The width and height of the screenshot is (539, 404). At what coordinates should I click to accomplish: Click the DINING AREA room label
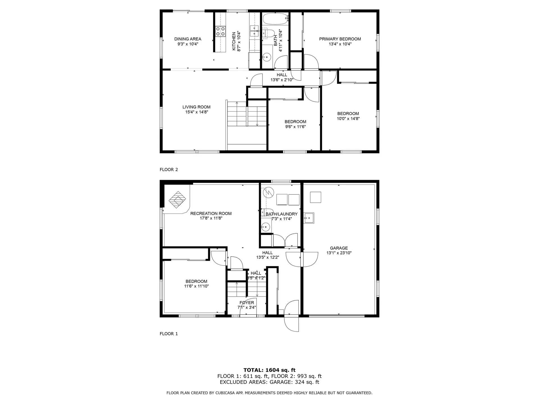188,39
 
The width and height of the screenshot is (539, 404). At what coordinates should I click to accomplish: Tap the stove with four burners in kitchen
220,31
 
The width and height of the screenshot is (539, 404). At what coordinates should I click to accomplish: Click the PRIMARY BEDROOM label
340,39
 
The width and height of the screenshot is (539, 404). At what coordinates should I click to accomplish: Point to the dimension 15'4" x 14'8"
197,112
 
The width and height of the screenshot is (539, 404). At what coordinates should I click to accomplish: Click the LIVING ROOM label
196,107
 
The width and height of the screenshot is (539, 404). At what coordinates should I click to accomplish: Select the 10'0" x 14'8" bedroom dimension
348,119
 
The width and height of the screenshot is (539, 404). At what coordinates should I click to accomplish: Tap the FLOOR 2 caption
169,169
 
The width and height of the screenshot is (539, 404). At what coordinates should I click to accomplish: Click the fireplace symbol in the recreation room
177,200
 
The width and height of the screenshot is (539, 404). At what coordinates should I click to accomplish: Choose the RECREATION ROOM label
211,214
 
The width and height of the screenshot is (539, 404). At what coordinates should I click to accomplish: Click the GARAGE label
339,248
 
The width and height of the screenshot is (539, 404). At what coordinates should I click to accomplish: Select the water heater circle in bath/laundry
268,192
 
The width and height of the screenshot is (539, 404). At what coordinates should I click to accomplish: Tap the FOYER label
247,302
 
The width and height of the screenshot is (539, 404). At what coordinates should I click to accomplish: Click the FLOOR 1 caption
169,334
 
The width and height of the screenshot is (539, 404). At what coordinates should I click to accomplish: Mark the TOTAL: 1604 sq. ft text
269,370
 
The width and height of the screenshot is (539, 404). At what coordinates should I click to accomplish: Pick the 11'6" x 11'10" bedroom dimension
196,286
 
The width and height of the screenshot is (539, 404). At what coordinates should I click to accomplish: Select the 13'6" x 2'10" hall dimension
282,80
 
